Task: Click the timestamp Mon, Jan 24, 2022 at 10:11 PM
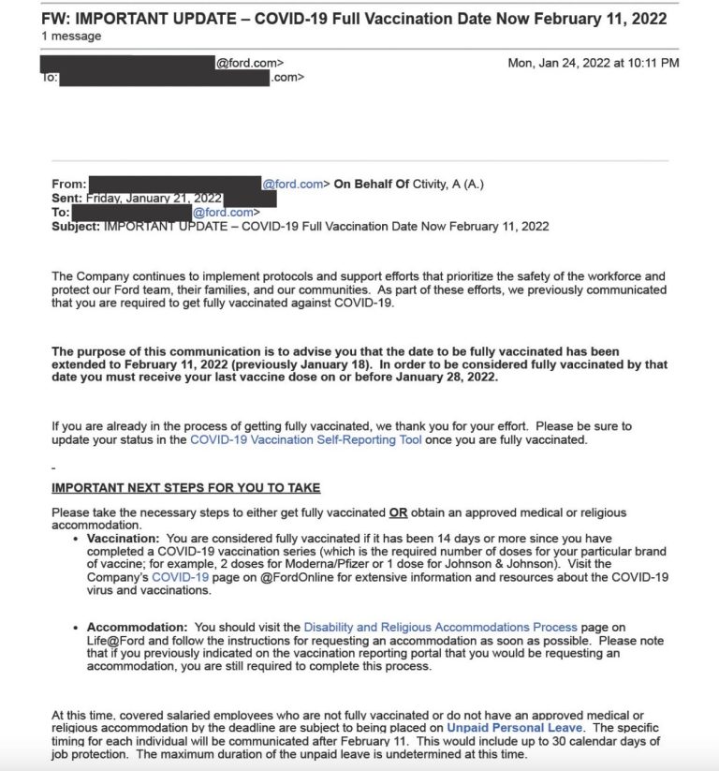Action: (594, 63)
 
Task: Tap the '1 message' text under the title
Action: (72, 36)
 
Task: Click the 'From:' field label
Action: (68, 185)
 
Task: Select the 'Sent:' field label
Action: (67, 199)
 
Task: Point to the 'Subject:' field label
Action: (76, 226)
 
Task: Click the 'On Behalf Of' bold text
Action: (372, 185)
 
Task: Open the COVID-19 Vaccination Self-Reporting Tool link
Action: (305, 439)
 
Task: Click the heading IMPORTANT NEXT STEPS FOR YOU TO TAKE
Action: (185, 488)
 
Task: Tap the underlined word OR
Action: (399, 512)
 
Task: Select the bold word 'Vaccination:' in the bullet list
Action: (124, 539)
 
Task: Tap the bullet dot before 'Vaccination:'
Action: (77, 540)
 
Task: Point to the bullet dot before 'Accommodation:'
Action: (77, 628)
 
